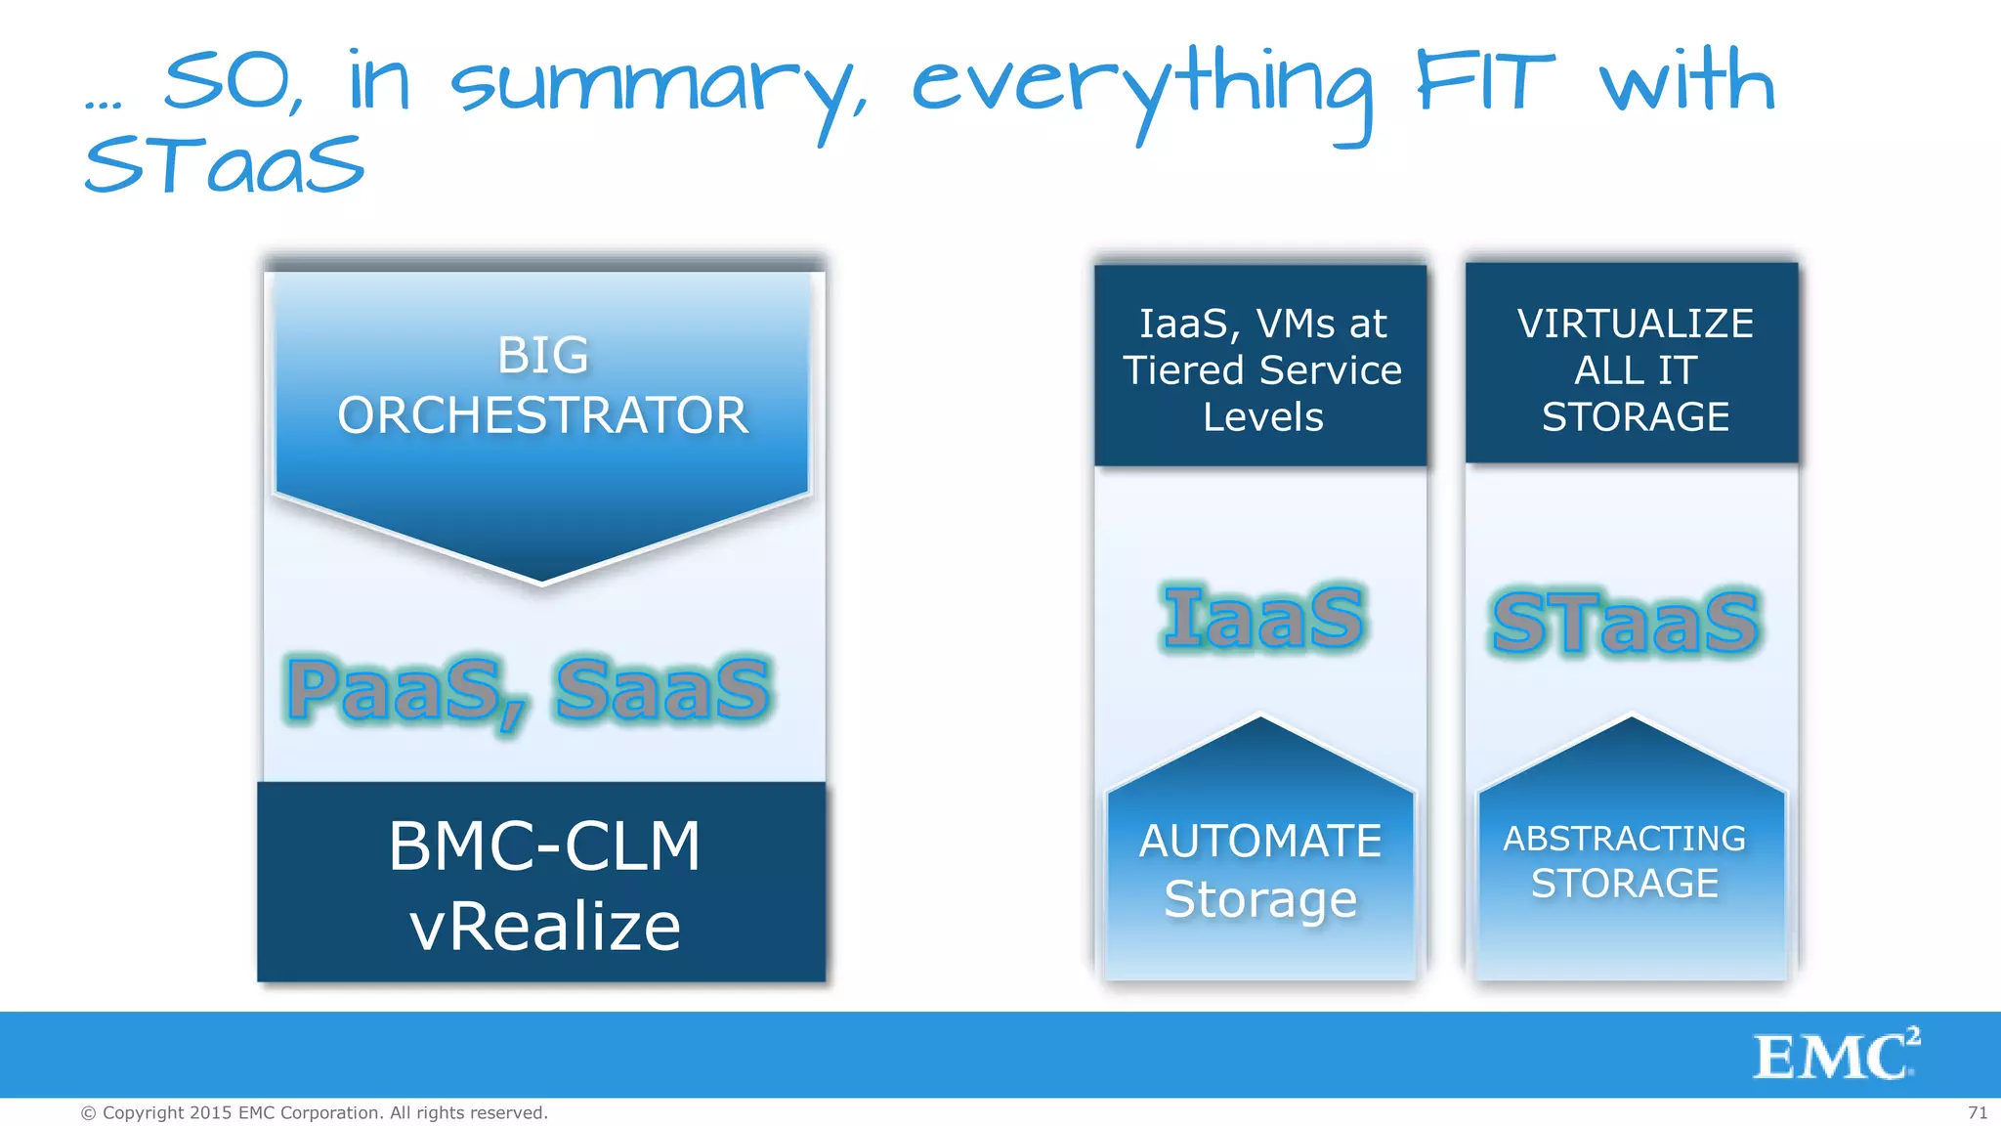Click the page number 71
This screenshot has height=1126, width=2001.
click(1978, 1112)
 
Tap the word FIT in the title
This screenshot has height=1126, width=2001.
click(1484, 84)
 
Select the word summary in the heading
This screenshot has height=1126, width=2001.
click(655, 88)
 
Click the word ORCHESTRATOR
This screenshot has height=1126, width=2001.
click(542, 415)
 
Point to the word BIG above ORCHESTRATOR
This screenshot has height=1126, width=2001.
click(542, 355)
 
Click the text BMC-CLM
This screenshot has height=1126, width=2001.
click(544, 846)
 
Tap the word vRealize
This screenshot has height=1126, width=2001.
click(544, 927)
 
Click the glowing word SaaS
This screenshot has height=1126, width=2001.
click(662, 690)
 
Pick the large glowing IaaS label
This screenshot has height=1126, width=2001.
click(1262, 618)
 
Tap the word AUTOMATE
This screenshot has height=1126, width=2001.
click(1260, 842)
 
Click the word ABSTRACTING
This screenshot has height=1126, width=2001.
click(1624, 839)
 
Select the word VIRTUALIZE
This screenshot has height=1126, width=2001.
click(1635, 324)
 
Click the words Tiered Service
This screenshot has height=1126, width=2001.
click(1261, 370)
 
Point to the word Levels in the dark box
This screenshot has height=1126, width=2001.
click(1262, 417)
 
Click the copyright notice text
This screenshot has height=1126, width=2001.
click(314, 1112)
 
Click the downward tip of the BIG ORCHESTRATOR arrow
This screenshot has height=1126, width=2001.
click(542, 580)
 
